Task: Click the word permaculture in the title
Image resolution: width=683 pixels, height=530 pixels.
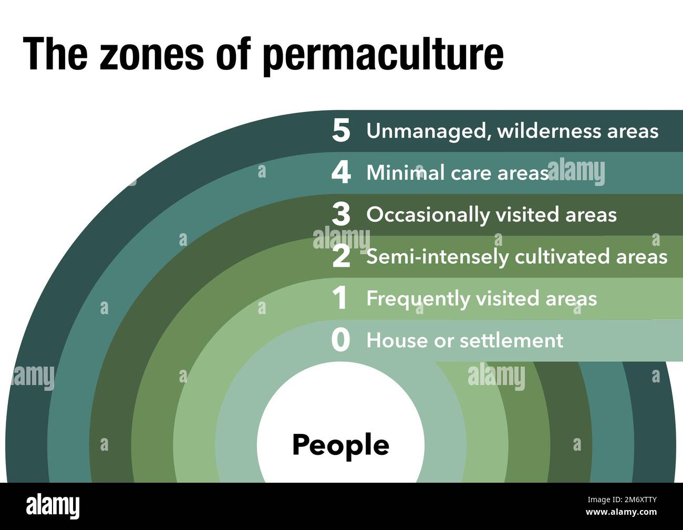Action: point(382,54)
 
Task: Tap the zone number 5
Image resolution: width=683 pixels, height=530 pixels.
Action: point(340,130)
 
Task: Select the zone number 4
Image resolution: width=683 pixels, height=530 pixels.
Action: point(340,172)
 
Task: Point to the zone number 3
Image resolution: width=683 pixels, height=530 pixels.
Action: point(340,214)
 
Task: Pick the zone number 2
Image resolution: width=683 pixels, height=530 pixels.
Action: point(340,256)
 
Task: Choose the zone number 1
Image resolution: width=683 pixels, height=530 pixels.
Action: point(340,298)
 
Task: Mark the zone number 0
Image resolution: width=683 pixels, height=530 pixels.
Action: point(340,340)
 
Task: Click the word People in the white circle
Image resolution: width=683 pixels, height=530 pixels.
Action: point(340,445)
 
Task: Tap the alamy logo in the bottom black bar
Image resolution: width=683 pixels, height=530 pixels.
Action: point(53,506)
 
